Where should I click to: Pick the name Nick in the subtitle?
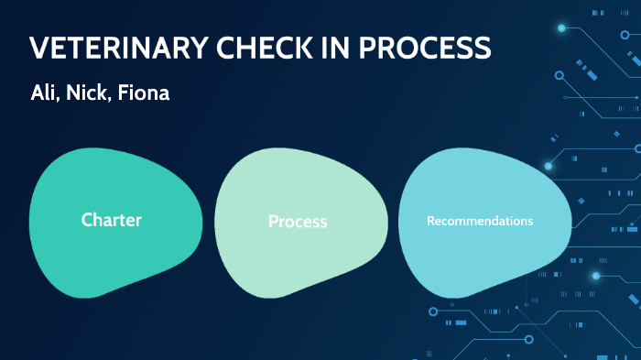pos(88,93)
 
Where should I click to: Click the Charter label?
pos(111,220)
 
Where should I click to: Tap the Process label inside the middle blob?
pos(298,222)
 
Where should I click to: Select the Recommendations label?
pos(480,221)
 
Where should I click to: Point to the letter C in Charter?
pos(86,220)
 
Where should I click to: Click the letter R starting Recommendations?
pos(430,221)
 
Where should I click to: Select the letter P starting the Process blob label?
pos(273,222)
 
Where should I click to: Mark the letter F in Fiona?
pos(125,93)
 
